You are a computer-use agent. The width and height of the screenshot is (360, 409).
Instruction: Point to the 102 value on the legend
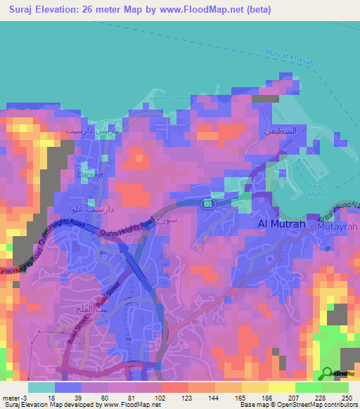162,398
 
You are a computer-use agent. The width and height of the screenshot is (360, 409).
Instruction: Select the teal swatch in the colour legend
41,387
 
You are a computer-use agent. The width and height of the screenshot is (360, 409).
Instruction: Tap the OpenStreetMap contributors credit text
321,405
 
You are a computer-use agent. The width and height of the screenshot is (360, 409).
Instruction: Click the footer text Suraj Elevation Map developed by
51,405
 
